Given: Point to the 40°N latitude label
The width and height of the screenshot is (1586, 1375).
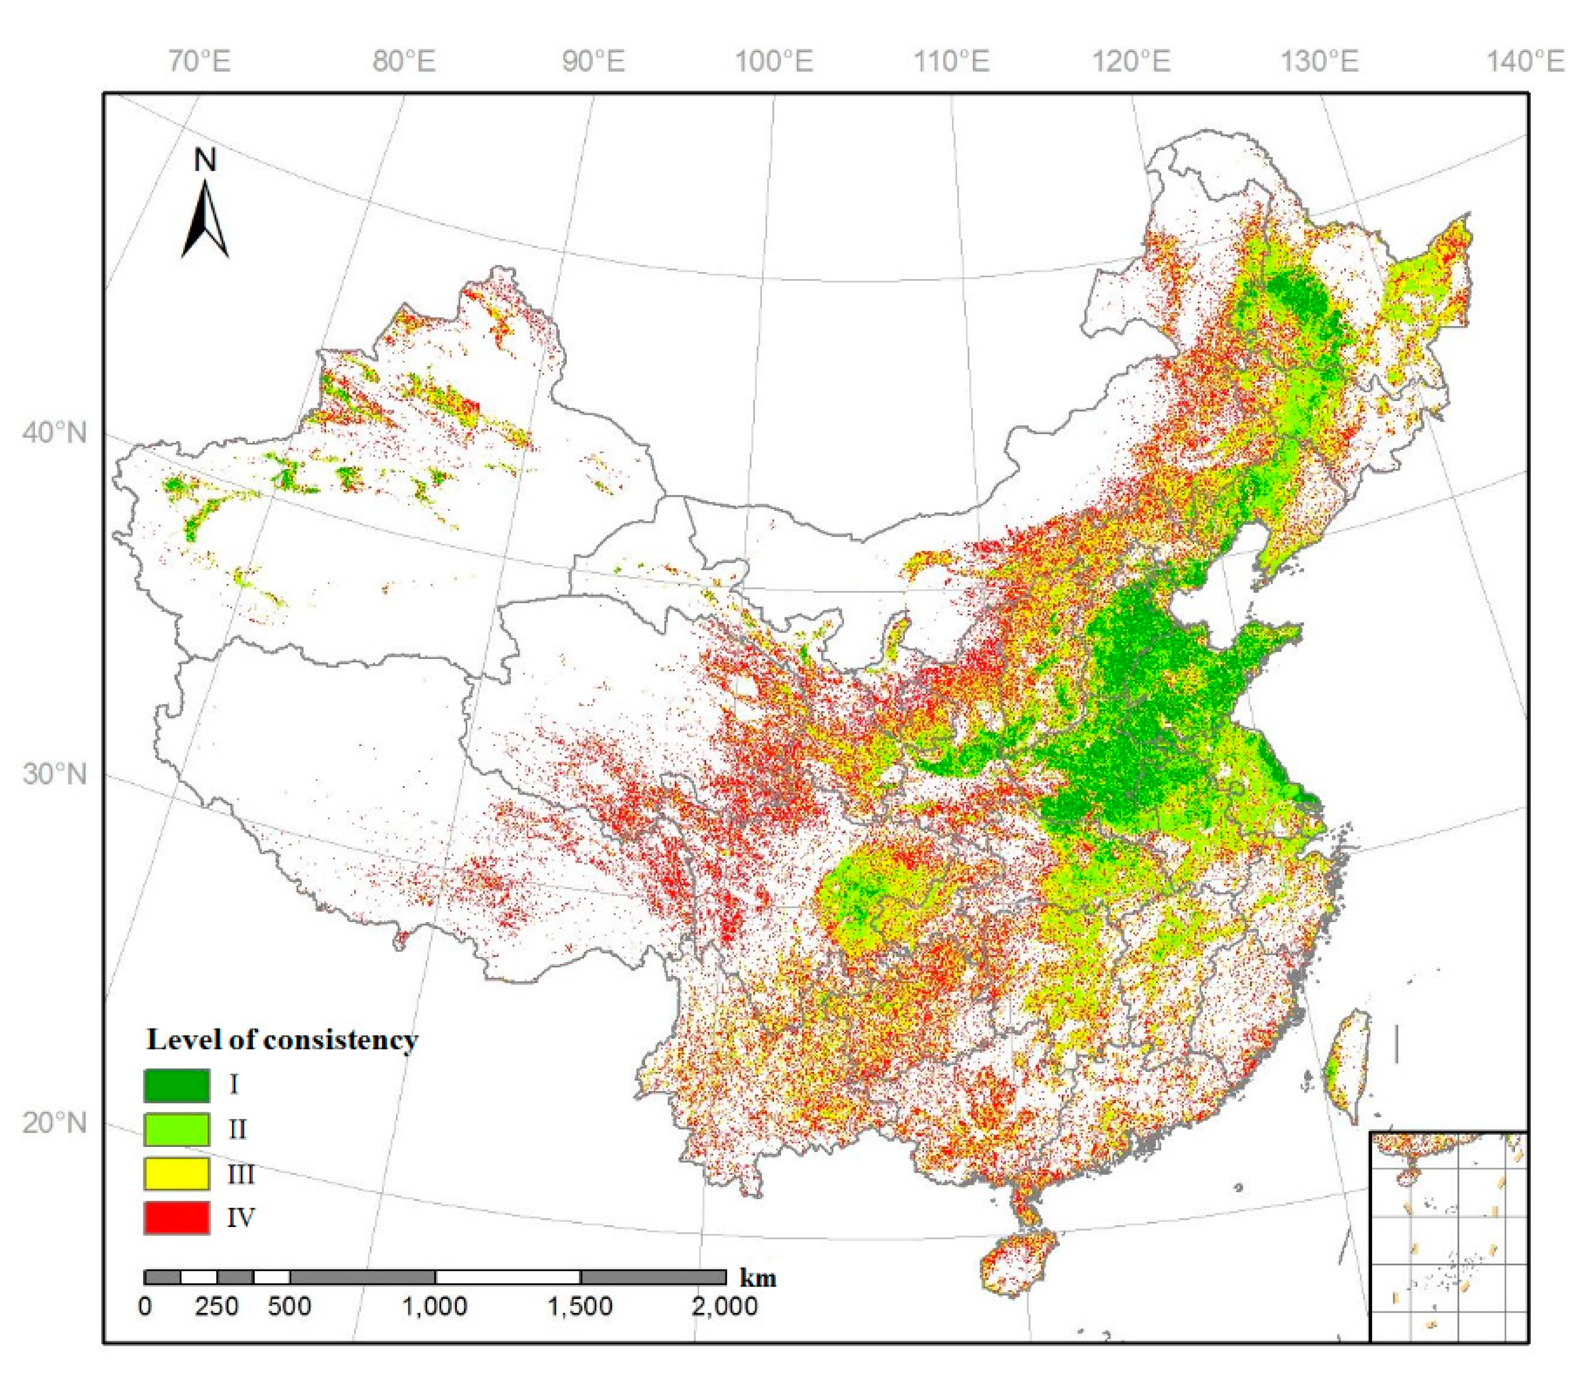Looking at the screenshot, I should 54,434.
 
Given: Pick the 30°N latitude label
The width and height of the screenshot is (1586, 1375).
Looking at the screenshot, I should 54,774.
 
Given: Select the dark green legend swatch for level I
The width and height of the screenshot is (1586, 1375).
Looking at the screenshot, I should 176,1085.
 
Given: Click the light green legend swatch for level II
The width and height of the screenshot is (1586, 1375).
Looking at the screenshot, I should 176,1129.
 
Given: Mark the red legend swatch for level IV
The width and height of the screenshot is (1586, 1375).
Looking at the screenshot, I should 176,1217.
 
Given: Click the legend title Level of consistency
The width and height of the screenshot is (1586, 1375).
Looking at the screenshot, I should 282,1040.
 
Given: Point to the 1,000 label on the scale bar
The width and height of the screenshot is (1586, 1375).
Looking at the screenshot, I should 436,1306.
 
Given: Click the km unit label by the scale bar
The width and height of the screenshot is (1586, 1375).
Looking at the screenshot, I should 758,1278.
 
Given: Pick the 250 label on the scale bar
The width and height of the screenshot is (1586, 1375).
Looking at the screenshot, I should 216,1306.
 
